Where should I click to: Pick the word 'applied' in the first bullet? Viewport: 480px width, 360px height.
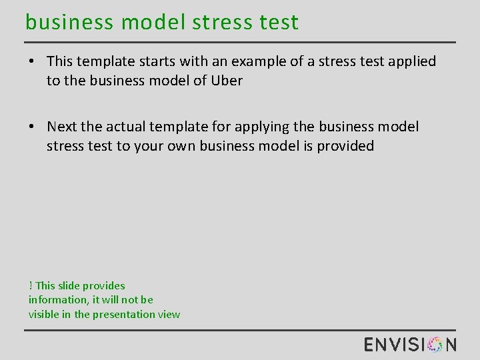tap(411, 61)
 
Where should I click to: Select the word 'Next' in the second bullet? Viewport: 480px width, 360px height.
tap(62, 127)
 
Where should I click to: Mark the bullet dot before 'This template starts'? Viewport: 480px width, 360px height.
tap(32, 62)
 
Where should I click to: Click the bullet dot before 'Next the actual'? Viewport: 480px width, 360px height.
tap(32, 127)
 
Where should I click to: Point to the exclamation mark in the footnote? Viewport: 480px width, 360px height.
tap(31, 285)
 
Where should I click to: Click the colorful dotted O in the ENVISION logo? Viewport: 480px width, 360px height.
tap(435, 344)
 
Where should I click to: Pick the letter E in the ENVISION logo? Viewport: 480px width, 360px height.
tap(370, 344)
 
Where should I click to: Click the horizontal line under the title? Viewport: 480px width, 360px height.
tap(240, 42)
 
